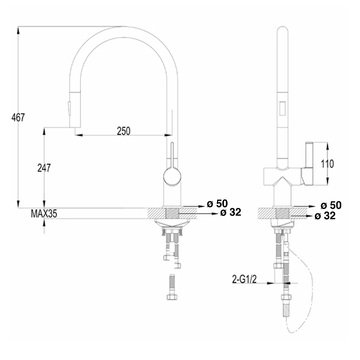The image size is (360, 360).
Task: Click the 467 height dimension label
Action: point(18,117)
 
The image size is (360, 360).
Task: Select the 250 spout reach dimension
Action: point(123,131)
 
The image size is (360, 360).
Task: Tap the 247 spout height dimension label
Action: point(44,168)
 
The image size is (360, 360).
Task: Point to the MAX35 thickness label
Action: point(44,213)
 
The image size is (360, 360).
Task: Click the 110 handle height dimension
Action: point(327,164)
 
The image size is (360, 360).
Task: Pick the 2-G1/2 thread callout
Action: point(244,279)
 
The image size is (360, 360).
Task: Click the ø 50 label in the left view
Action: point(217,203)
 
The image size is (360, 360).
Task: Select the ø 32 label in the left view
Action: point(230,212)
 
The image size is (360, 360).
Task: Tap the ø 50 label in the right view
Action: point(331,205)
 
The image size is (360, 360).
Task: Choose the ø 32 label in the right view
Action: point(325,216)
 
